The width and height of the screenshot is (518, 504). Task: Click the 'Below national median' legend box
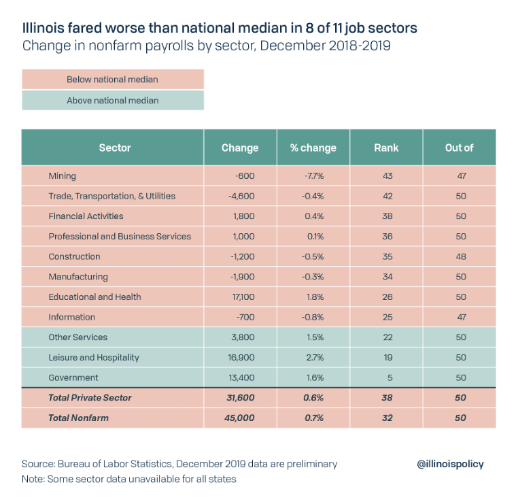pyautogui.click(x=112, y=80)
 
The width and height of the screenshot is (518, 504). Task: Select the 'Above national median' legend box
pyautogui.click(x=112, y=101)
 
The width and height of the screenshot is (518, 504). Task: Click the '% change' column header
pyautogui.click(x=313, y=148)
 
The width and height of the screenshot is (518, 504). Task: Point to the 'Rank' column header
pyautogui.click(x=386, y=148)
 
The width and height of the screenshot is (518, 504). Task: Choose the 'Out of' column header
pyautogui.click(x=459, y=148)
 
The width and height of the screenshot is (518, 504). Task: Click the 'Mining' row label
pyautogui.click(x=63, y=176)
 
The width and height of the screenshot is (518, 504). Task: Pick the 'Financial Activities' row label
pyautogui.click(x=86, y=216)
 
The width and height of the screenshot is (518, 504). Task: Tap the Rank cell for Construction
pyautogui.click(x=386, y=256)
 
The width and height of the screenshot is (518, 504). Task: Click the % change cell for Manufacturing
pyautogui.click(x=313, y=277)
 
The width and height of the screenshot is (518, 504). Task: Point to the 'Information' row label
pyautogui.click(x=72, y=317)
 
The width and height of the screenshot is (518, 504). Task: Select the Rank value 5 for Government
pyautogui.click(x=386, y=377)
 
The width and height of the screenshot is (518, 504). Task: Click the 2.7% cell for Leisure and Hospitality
pyautogui.click(x=313, y=357)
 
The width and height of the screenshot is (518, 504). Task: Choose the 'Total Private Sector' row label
pyautogui.click(x=90, y=397)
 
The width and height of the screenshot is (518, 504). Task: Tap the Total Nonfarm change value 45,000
pyautogui.click(x=241, y=418)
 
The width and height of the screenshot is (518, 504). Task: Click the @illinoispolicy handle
pyautogui.click(x=451, y=464)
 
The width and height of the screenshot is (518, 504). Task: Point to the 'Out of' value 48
pyautogui.click(x=460, y=256)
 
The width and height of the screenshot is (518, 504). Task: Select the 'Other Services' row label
pyautogui.click(x=77, y=337)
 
